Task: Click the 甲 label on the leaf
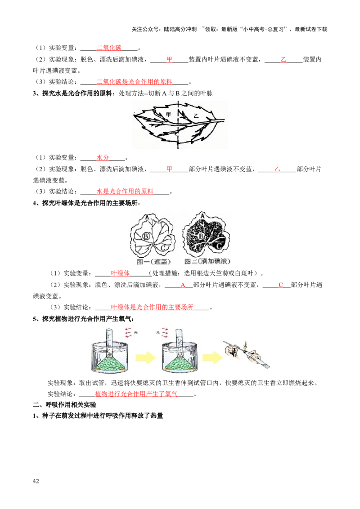(169, 115)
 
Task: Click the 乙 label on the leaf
(195, 116)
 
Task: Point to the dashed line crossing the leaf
(179, 135)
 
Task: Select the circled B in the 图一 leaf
(146, 236)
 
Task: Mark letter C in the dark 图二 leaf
(218, 246)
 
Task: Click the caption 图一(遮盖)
(153, 261)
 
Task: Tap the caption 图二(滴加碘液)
(208, 261)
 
